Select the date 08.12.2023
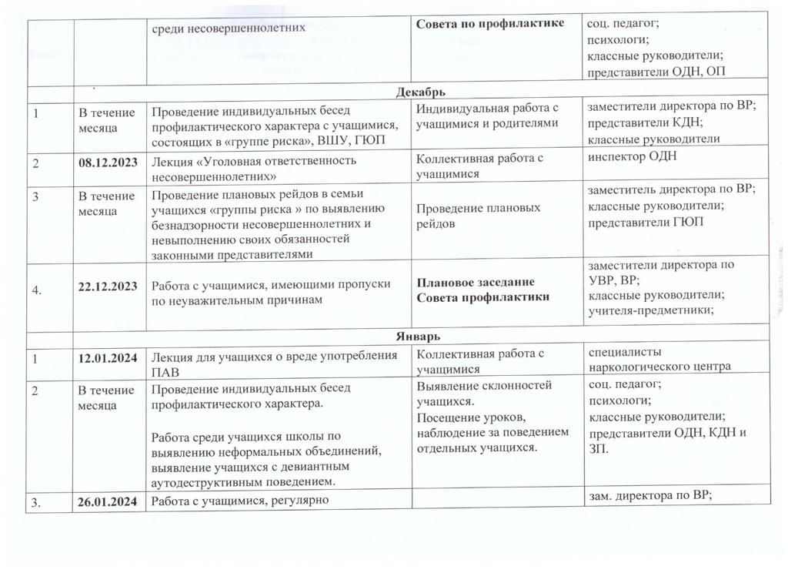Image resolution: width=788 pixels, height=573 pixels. pyautogui.click(x=108, y=161)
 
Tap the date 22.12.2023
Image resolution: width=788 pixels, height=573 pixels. pyautogui.click(x=108, y=286)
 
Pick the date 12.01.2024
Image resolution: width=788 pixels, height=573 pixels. pyautogui.click(x=108, y=355)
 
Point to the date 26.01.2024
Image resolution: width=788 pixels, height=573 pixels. pyautogui.click(x=108, y=503)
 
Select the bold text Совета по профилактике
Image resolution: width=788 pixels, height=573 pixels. pyautogui.click(x=491, y=24)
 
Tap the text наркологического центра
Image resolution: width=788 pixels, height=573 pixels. pyautogui.click(x=659, y=367)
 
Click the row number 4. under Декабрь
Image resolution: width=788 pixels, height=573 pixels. pyautogui.click(x=37, y=286)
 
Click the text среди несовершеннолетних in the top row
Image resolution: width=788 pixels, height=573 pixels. pyautogui.click(x=229, y=27)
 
